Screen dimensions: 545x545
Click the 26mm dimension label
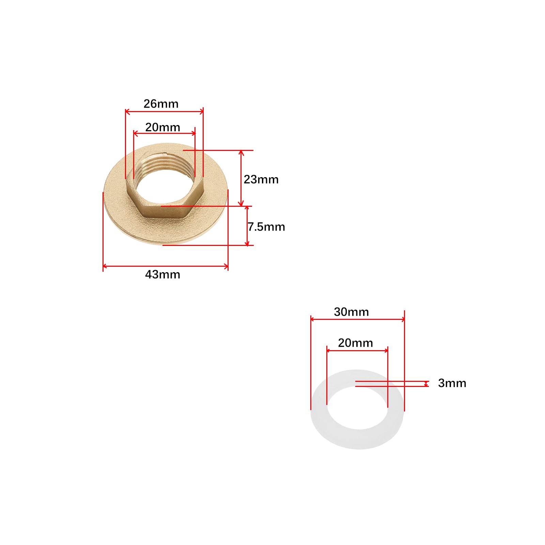coord(161,104)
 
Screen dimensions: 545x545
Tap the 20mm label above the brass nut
coord(162,127)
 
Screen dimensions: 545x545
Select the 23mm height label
coord(261,179)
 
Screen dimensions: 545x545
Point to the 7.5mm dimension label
coord(266,227)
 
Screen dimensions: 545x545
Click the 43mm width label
coord(162,274)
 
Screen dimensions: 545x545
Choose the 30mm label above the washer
coord(351,312)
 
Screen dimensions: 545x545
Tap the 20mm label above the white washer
coord(355,343)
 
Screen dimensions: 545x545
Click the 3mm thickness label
coord(452,383)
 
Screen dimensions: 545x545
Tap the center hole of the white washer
coord(358,408)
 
